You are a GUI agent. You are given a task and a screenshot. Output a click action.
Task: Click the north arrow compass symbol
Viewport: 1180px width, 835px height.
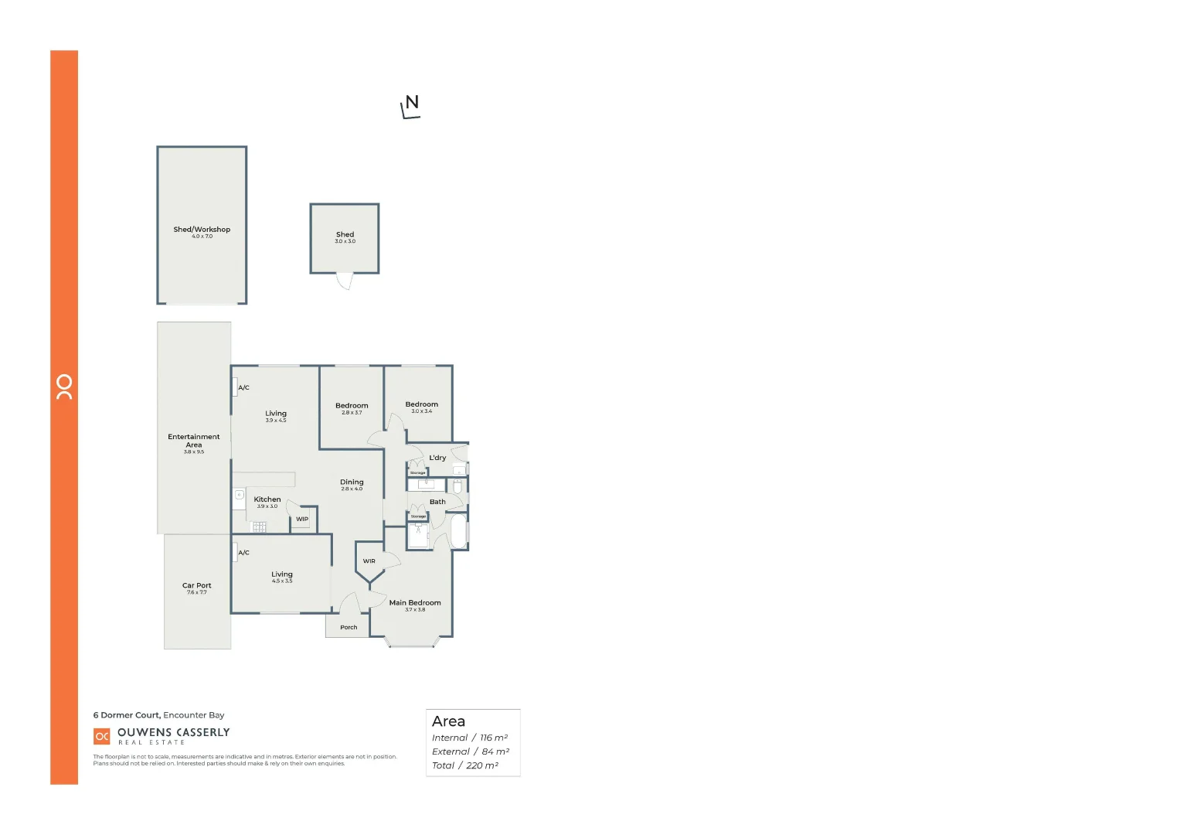[411, 107]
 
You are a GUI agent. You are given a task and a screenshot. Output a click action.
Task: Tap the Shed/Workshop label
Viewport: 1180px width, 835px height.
[202, 230]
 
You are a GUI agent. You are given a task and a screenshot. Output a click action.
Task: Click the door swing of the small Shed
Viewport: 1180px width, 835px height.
[345, 281]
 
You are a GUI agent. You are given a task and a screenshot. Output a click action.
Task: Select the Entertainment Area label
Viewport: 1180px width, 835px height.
[194, 441]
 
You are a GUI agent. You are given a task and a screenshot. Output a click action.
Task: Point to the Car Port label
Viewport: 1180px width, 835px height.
[196, 586]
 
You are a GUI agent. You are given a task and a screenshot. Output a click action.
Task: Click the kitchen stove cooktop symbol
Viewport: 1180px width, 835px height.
[259, 527]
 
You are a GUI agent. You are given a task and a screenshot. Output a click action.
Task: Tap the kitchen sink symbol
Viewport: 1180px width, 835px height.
[240, 495]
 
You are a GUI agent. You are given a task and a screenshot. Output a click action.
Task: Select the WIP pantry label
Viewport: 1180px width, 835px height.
[302, 520]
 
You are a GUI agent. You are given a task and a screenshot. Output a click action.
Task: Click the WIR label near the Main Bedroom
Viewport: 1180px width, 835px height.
[369, 561]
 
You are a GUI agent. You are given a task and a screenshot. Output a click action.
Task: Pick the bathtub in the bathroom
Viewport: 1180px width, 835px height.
[458, 531]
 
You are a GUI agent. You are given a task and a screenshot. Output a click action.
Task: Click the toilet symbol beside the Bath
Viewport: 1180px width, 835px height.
[457, 486]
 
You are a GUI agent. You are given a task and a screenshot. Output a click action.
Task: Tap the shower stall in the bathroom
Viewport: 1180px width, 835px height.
[418, 536]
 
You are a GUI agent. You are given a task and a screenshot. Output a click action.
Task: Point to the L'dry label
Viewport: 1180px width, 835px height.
[437, 458]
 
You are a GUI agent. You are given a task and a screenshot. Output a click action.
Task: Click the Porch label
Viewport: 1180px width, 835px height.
[349, 628]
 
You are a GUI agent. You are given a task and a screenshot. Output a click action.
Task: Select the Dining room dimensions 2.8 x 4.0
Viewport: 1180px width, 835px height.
[352, 489]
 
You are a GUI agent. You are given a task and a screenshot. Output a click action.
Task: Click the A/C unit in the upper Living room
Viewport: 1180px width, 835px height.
[235, 387]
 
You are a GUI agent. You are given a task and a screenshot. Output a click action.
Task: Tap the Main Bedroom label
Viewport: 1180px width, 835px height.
[415, 603]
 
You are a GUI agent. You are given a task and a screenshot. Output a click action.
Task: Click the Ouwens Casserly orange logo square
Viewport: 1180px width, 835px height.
[102, 736]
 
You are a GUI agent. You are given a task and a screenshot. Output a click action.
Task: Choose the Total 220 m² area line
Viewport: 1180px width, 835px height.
[465, 765]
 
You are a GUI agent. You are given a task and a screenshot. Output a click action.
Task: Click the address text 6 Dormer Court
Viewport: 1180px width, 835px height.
[127, 715]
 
